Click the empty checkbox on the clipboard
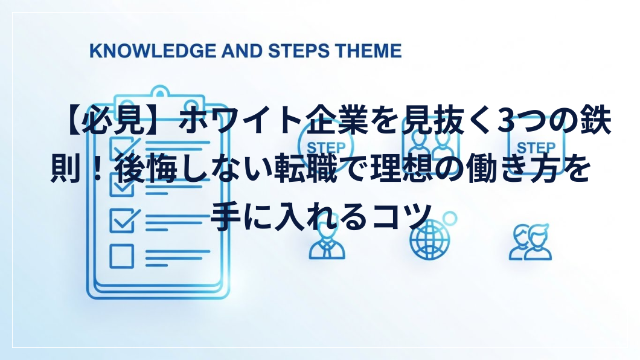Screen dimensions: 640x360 (121, 256)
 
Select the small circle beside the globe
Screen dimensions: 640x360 (449, 219)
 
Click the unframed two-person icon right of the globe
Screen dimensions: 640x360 (530, 242)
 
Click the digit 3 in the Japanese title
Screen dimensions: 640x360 (507, 121)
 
